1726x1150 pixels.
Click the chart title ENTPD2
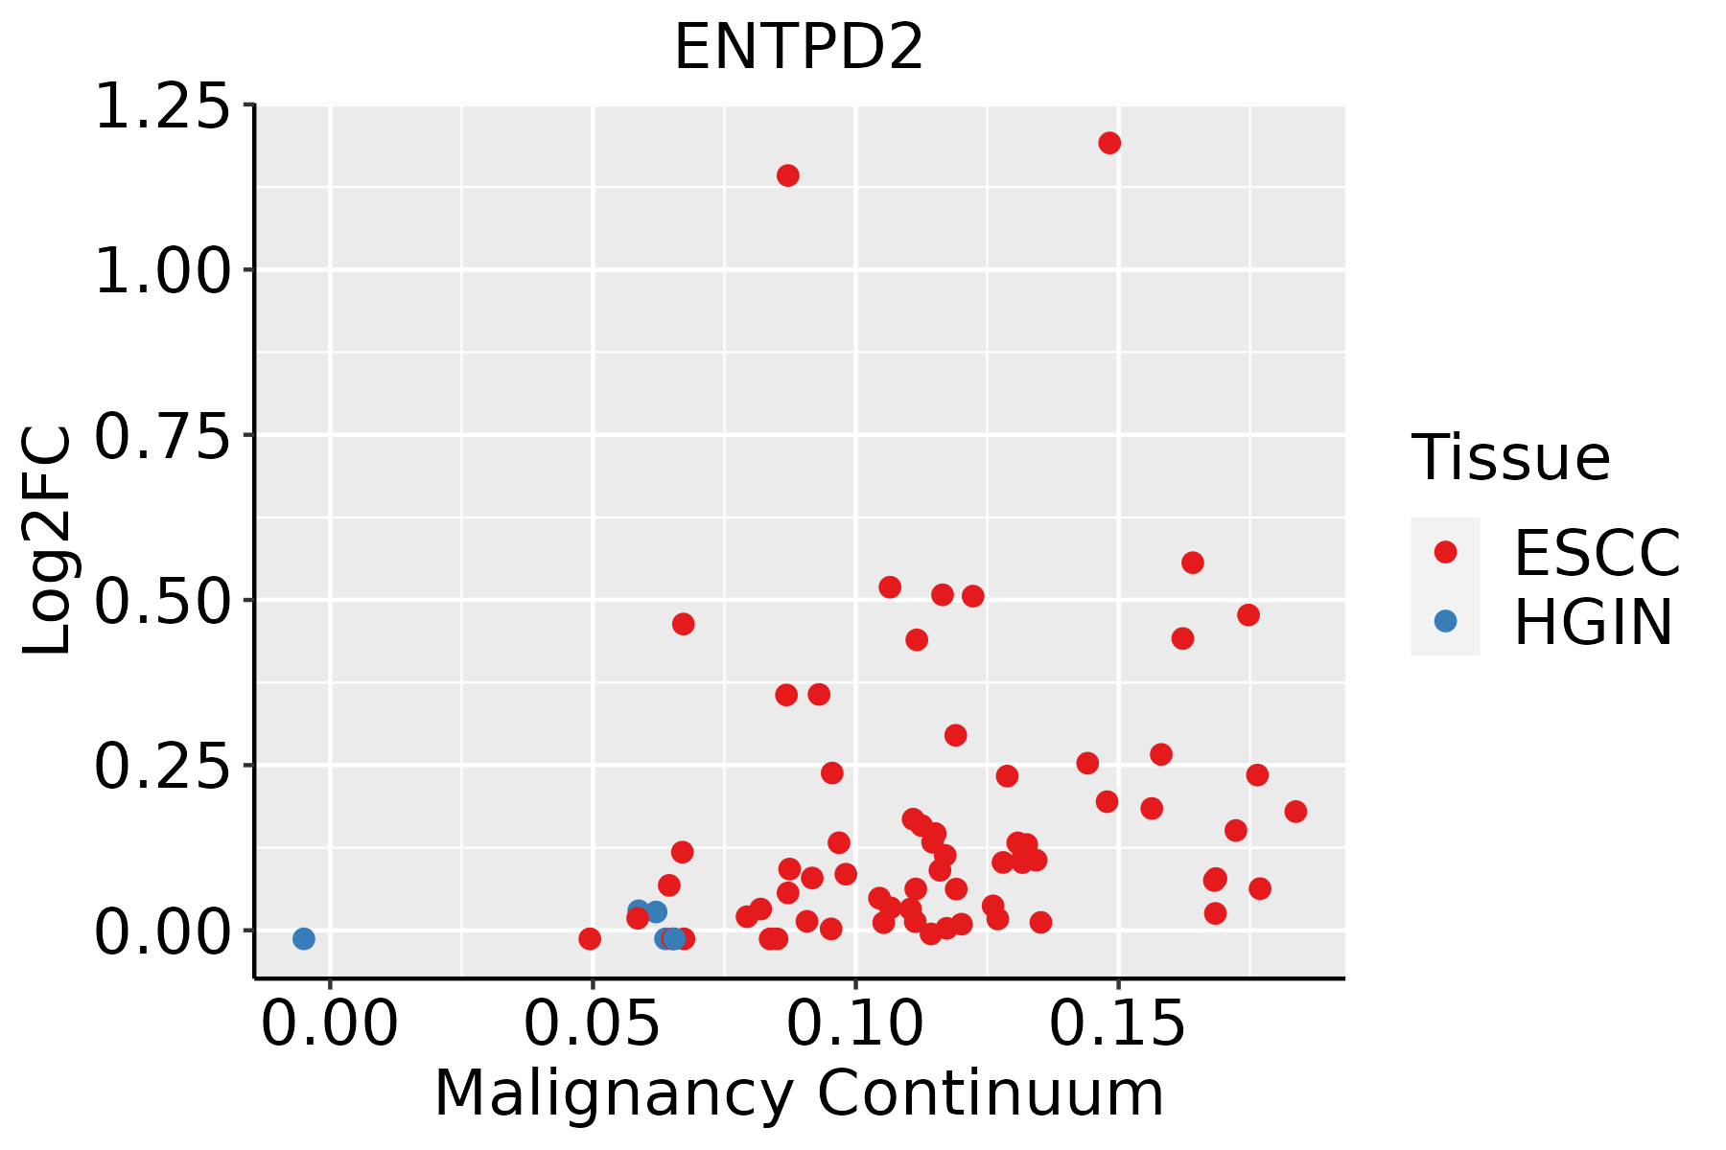click(x=799, y=48)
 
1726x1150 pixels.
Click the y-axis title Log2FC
click(x=48, y=541)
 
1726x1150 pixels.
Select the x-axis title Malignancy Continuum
click(x=799, y=1093)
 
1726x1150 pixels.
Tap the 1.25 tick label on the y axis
click(x=163, y=105)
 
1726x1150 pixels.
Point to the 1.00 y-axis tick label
click(x=163, y=270)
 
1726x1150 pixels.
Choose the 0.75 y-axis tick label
click(x=163, y=436)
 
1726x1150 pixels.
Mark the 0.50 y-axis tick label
click(x=163, y=601)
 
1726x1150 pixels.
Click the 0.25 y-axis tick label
click(x=163, y=766)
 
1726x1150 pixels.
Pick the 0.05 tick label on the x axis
click(x=593, y=1024)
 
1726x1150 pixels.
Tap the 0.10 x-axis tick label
click(x=855, y=1024)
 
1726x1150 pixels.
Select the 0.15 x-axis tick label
click(x=1118, y=1024)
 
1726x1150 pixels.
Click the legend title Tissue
click(x=1511, y=458)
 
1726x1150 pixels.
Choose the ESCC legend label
click(x=1597, y=553)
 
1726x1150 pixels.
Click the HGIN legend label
click(x=1593, y=622)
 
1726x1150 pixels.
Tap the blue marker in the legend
click(x=1445, y=621)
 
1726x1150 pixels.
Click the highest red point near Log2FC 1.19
click(x=1109, y=143)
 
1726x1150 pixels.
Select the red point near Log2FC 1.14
click(x=788, y=175)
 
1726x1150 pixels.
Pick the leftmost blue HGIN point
click(x=304, y=938)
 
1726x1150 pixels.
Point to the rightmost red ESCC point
click(x=1295, y=812)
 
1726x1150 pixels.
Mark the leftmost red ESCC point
click(x=590, y=938)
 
